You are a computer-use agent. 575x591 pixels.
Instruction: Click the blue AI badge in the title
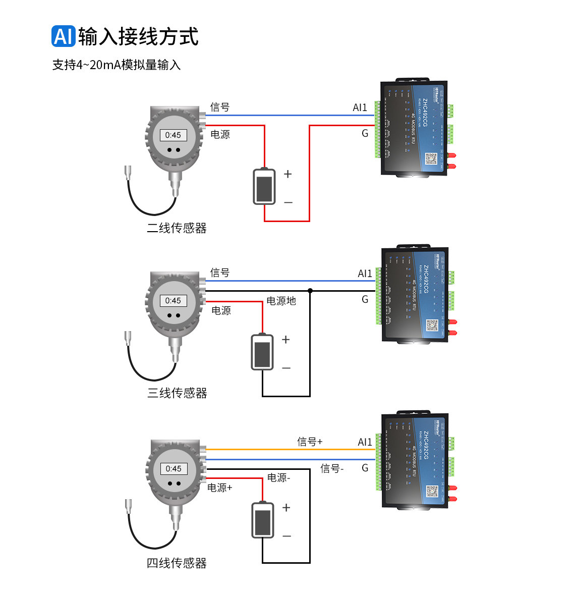64,36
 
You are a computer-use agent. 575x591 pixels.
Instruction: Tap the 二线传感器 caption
177,228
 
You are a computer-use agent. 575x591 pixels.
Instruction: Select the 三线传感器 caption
177,393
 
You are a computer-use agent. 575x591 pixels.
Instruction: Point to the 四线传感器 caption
177,563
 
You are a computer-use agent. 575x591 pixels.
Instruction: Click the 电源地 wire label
281,301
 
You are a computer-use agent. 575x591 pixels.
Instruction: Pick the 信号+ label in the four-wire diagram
310,442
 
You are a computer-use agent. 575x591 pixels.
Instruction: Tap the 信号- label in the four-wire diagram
332,469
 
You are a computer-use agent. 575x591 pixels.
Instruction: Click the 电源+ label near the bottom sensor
220,488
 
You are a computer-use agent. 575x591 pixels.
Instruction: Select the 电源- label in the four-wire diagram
278,477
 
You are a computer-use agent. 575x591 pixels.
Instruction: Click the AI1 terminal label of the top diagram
360,108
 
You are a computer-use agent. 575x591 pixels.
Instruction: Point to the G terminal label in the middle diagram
365,299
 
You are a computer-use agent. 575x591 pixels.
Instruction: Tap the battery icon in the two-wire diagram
264,187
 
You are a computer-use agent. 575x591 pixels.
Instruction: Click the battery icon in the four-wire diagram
263,520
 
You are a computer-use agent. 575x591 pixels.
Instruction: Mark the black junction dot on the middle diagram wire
310,291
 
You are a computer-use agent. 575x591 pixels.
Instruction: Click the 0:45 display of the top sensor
173,135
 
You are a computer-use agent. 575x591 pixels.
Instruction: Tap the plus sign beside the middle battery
286,340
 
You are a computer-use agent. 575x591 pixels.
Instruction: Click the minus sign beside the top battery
288,202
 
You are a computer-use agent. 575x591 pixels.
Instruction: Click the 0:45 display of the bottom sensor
174,469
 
